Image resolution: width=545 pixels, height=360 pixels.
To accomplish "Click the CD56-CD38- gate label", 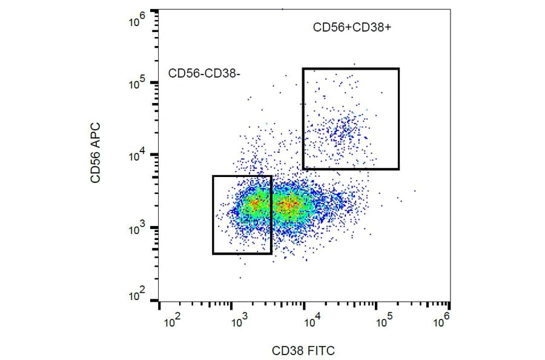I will click(x=204, y=73).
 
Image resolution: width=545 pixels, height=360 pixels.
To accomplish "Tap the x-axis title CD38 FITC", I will click(x=303, y=350).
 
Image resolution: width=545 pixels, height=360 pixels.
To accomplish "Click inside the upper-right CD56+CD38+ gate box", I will click(x=351, y=119).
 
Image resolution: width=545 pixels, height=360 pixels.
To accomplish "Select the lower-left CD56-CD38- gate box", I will click(x=242, y=215).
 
